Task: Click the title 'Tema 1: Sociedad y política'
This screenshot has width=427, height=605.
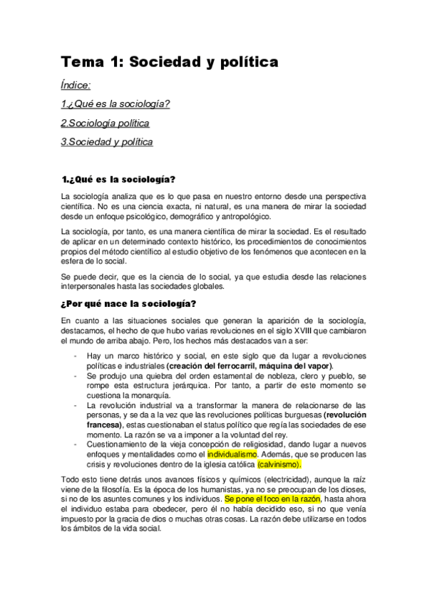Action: tap(169, 62)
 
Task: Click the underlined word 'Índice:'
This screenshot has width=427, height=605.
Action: tap(76, 86)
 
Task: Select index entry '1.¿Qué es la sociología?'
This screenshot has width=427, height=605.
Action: tap(115, 104)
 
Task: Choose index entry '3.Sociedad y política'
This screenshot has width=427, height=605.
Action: tap(107, 141)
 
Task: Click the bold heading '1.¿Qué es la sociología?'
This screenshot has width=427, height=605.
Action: tap(119, 178)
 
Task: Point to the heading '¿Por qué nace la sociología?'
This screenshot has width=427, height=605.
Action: tap(129, 304)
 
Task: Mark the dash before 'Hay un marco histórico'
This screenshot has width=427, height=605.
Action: tap(76, 355)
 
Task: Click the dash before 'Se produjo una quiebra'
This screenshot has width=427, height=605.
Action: tap(76, 375)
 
